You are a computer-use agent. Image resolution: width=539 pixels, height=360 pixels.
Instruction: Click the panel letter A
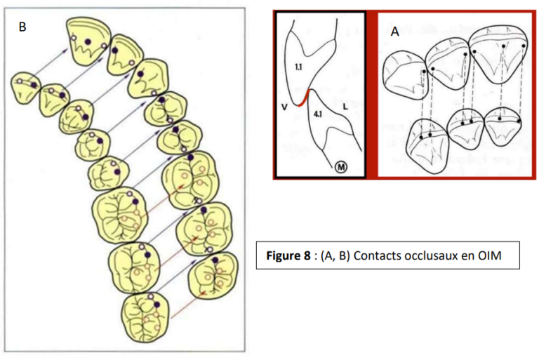click(x=396, y=32)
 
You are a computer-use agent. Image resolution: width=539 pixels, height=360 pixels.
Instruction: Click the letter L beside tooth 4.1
click(x=347, y=105)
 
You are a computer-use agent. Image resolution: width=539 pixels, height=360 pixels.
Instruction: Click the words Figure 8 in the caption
click(x=288, y=255)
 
